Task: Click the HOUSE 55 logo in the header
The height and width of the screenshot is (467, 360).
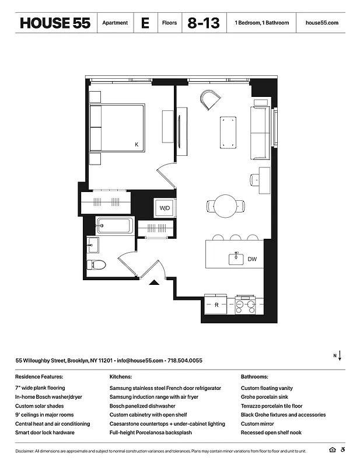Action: (55, 23)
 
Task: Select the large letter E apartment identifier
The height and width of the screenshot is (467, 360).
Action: (145, 23)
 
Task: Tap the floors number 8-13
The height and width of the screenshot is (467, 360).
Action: (204, 23)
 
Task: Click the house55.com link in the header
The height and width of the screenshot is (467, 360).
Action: (321, 23)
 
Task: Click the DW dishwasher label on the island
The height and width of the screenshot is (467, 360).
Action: (252, 259)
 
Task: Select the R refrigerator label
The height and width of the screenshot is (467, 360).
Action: (216, 304)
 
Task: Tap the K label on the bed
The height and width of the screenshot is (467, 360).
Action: (137, 144)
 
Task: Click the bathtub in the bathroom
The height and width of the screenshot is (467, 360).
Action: (115, 225)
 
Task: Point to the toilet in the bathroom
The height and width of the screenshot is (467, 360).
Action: (96, 264)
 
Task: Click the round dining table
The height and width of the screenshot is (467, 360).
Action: (226, 206)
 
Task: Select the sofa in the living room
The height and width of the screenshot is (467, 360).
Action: (259, 133)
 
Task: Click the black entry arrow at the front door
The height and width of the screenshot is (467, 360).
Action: (153, 283)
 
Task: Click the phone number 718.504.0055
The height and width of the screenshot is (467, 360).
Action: (184, 361)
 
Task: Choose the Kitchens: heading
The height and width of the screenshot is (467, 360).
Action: (121, 377)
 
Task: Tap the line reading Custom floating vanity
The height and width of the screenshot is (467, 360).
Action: (267, 388)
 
